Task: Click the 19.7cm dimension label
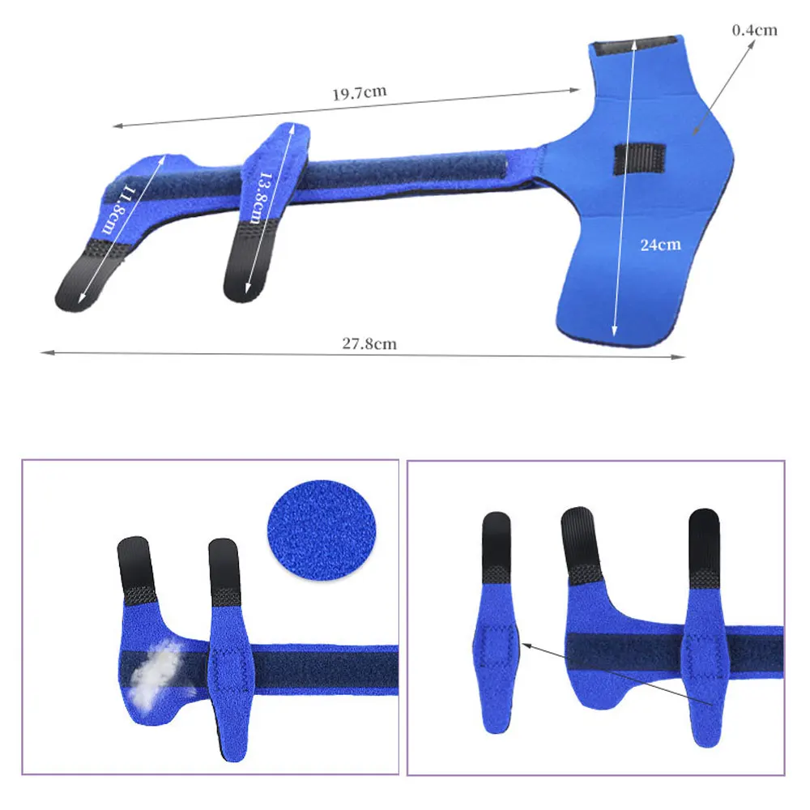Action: tap(359, 93)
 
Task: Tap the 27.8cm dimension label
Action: tap(369, 343)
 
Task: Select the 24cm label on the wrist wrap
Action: tap(660, 245)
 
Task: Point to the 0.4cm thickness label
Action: tap(754, 31)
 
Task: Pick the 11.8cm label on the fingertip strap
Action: tap(117, 211)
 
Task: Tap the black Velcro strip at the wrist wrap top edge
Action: tap(635, 46)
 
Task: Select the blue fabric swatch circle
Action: tap(322, 529)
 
